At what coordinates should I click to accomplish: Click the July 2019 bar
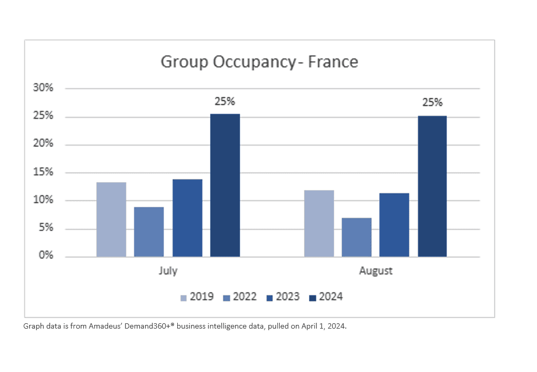click(111, 220)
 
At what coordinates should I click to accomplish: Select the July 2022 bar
click(149, 232)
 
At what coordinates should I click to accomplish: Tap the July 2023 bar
click(187, 218)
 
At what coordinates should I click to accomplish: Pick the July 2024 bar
click(225, 185)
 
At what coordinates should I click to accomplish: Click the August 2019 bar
click(319, 223)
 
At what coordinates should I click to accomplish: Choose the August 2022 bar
click(357, 237)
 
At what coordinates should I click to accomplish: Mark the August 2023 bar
click(394, 225)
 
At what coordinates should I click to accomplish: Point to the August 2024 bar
click(432, 186)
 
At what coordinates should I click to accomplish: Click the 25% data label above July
click(225, 102)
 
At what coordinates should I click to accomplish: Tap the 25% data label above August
click(432, 103)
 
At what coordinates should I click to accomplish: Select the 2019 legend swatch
click(184, 297)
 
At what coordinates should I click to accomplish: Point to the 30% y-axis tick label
click(43, 88)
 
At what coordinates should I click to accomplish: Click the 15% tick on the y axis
click(43, 172)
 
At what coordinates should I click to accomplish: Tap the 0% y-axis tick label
click(46, 256)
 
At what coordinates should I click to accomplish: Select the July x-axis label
click(168, 271)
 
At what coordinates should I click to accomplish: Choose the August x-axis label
click(376, 271)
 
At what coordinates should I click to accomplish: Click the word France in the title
click(333, 62)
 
